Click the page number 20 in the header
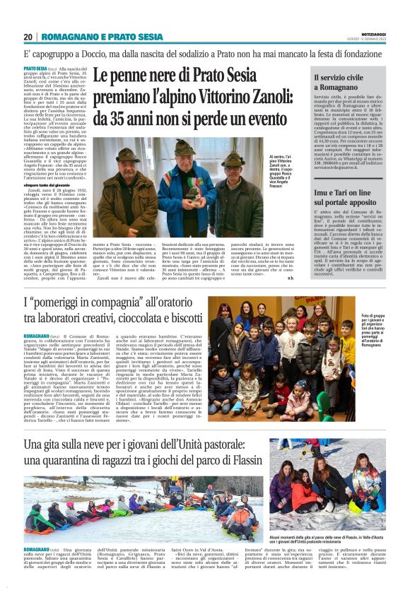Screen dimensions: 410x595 (x=28, y=37)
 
